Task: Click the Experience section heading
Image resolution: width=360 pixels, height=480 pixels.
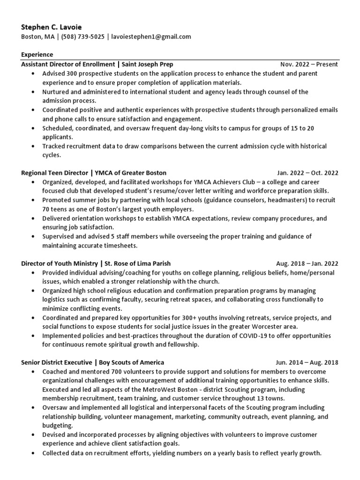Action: pos(37,55)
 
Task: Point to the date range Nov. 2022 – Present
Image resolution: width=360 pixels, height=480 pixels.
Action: pos(309,64)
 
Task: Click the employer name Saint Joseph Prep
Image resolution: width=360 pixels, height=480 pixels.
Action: pos(148,64)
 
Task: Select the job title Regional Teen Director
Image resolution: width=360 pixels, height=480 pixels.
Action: pos(53,173)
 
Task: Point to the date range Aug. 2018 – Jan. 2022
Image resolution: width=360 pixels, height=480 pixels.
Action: pos(307,263)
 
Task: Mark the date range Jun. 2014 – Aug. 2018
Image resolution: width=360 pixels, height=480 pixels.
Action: pos(307,362)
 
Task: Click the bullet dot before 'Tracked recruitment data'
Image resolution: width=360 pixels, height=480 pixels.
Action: pos(32,146)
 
